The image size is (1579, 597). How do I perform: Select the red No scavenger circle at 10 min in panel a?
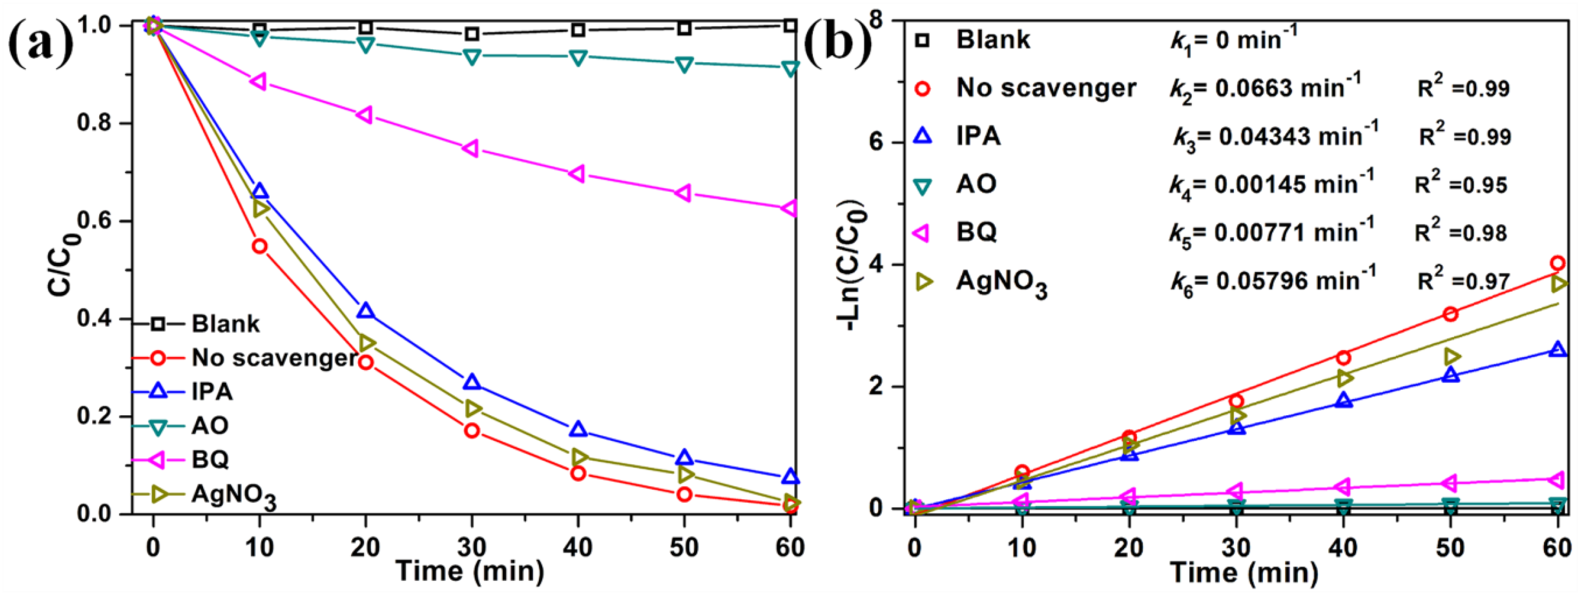tap(259, 246)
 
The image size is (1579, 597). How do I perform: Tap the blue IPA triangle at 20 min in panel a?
tap(366, 311)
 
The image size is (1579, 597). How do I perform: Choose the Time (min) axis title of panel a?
tap(471, 572)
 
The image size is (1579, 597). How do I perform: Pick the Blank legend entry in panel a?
tap(225, 323)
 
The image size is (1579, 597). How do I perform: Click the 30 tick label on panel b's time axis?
tap(1236, 547)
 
